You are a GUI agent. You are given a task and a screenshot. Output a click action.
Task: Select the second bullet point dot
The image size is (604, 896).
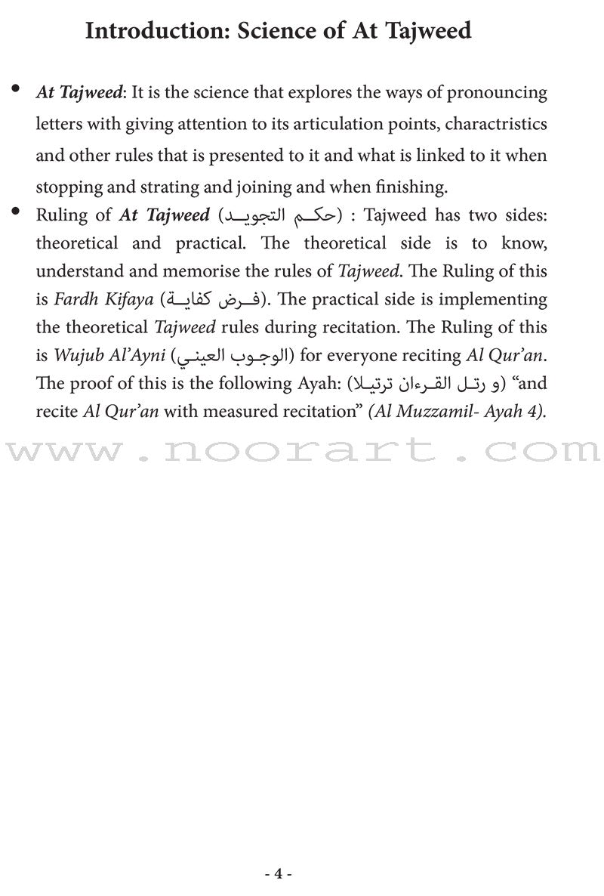pos(16,214)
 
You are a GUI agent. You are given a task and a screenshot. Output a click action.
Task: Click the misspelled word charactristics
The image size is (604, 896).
pos(490,124)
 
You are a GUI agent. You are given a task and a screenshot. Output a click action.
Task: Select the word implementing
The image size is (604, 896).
pos(493,299)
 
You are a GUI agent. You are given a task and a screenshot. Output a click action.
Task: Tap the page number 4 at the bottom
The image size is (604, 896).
pos(279,873)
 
